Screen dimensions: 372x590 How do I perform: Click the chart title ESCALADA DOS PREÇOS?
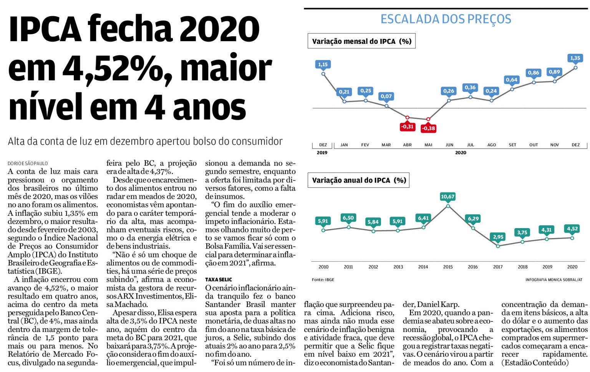[x=446, y=19]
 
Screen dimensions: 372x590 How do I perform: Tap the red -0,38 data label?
[x=428, y=128]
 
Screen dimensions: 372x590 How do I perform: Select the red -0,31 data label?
[x=407, y=127]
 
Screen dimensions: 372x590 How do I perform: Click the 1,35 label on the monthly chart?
[x=575, y=58]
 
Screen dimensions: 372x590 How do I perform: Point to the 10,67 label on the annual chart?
[x=447, y=197]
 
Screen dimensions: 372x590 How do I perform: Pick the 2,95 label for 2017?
[x=498, y=237]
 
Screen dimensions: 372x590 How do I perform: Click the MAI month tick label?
[x=428, y=145]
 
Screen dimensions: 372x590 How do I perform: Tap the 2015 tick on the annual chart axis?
[x=448, y=267]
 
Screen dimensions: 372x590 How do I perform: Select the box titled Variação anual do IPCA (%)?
[x=359, y=180]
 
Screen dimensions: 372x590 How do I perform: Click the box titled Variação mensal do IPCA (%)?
[x=361, y=41]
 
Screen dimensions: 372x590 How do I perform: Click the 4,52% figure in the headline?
[x=115, y=68]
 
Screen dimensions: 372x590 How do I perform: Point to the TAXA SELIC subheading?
[x=219, y=279]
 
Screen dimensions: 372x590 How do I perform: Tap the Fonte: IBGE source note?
[x=323, y=280]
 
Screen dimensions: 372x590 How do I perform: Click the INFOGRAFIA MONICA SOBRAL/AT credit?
[x=554, y=280]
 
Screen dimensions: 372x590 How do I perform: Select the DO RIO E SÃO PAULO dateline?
[x=28, y=163]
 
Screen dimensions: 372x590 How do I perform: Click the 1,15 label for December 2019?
[x=323, y=64]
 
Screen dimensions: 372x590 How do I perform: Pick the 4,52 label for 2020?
[x=572, y=229]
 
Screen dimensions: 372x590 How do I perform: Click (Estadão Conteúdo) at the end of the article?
[x=535, y=362]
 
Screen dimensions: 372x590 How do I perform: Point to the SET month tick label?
[x=512, y=145]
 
